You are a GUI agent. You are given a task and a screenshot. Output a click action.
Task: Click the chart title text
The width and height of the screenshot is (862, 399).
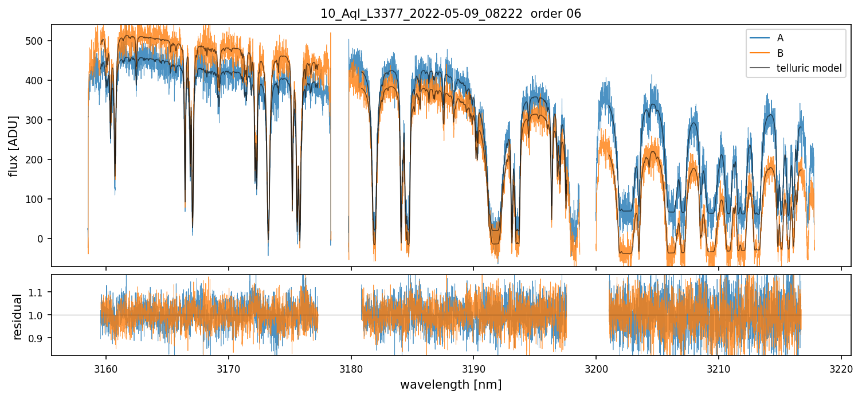(450, 14)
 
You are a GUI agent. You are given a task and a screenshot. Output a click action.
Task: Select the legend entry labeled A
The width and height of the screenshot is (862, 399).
(780, 38)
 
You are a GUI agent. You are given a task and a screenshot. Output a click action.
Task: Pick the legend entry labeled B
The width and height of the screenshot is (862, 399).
(780, 53)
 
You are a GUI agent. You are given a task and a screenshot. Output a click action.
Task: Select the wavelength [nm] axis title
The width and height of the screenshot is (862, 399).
(450, 384)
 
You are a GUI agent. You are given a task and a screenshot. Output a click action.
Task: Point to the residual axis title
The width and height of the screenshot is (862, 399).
(17, 315)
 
